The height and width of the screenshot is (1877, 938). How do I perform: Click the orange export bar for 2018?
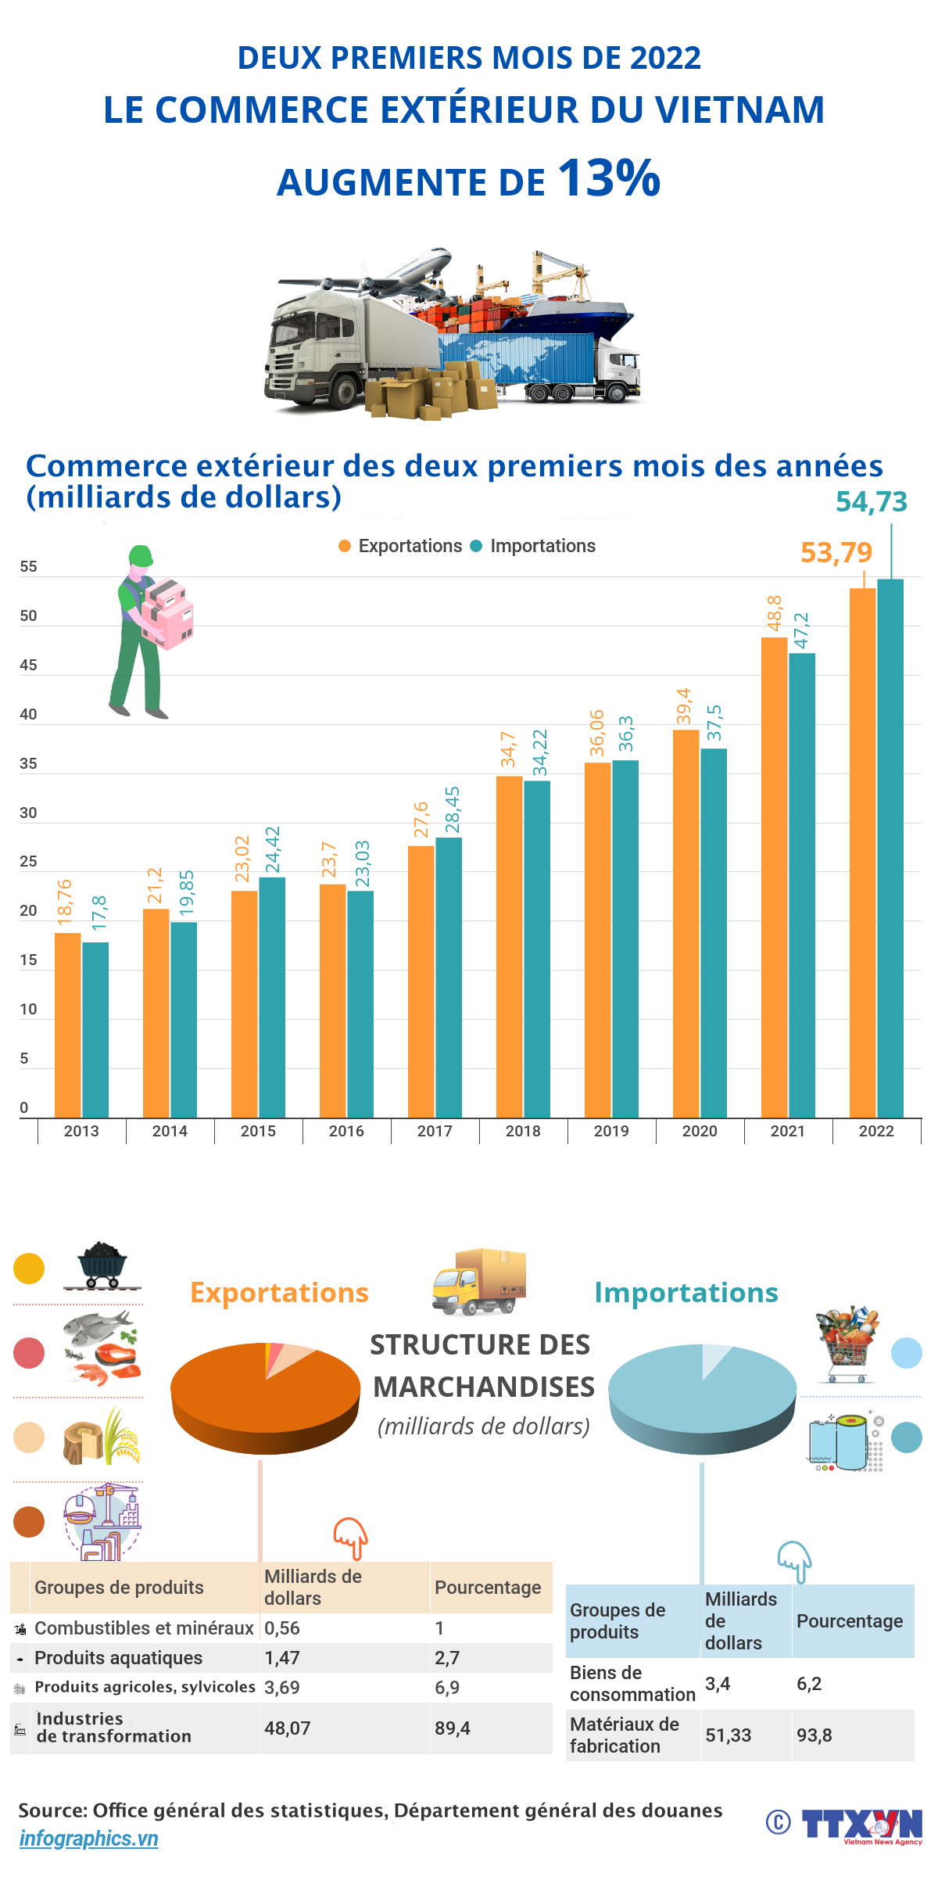click(510, 946)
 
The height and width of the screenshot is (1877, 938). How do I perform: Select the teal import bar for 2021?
click(802, 884)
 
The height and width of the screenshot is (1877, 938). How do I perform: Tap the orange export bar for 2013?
click(68, 1025)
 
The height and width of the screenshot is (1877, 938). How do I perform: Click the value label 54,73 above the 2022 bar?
click(872, 502)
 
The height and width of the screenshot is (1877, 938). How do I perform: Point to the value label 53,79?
click(836, 553)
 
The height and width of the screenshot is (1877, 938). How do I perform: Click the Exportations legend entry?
click(401, 546)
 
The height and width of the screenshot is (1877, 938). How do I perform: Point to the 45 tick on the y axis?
click(28, 665)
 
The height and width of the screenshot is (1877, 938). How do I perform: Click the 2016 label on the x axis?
click(346, 1131)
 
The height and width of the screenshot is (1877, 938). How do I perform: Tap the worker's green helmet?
click(141, 555)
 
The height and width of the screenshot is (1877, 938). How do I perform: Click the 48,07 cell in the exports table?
click(288, 1728)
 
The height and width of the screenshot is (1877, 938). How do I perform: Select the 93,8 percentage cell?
click(814, 1735)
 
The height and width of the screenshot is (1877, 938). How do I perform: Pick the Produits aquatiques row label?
click(118, 1657)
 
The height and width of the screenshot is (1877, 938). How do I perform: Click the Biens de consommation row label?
click(632, 1683)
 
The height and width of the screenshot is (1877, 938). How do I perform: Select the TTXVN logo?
click(862, 1824)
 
